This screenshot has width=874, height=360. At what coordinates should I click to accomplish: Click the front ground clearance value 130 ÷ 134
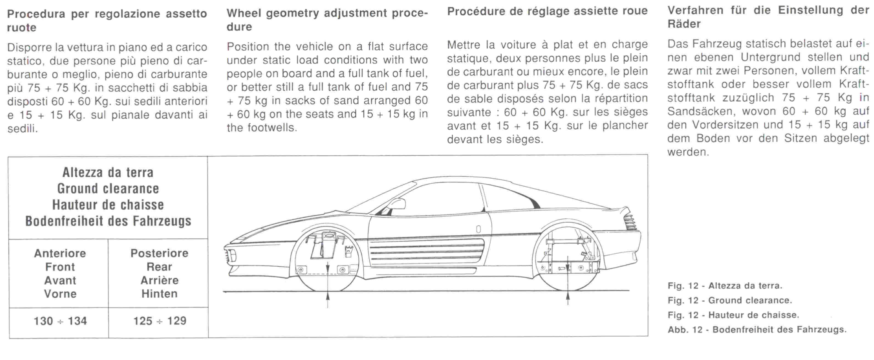[x=60, y=321]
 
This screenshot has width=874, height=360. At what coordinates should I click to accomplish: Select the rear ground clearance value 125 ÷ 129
[x=160, y=321]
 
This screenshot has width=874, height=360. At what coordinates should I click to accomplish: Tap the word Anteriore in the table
[x=60, y=253]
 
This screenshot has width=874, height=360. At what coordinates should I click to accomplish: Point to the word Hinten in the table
[x=160, y=294]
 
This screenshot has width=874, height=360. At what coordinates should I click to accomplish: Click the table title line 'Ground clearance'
[x=108, y=189]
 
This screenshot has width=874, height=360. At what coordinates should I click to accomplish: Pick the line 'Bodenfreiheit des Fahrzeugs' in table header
[x=108, y=221]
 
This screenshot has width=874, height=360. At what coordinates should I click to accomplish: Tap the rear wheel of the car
[x=568, y=260]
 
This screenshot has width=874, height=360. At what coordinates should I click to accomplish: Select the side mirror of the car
[x=397, y=204]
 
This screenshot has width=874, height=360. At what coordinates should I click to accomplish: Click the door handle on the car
[x=478, y=229]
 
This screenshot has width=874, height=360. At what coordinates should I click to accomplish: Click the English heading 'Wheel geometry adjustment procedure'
[x=327, y=20]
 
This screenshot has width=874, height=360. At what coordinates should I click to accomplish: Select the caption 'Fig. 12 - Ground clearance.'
[x=730, y=300]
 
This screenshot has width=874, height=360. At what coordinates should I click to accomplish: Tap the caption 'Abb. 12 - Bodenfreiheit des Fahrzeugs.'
[x=757, y=329]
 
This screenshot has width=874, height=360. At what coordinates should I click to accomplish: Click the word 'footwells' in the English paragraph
[x=271, y=128]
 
